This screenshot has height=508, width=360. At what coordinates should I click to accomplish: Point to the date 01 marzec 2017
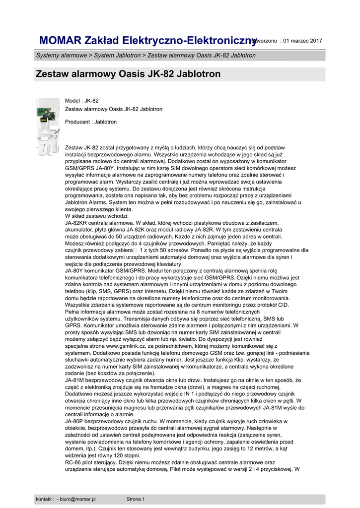tap(302, 41)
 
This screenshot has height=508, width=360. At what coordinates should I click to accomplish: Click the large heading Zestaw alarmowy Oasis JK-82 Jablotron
tap(128, 74)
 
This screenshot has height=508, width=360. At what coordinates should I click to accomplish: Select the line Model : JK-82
tap(82, 101)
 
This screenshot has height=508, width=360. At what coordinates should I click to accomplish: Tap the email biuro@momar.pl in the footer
tap(78, 499)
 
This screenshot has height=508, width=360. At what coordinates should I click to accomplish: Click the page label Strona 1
tap(136, 499)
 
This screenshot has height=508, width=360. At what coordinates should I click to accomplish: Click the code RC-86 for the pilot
tap(73, 462)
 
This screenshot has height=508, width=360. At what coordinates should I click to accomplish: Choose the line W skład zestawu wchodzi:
tap(97, 216)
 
